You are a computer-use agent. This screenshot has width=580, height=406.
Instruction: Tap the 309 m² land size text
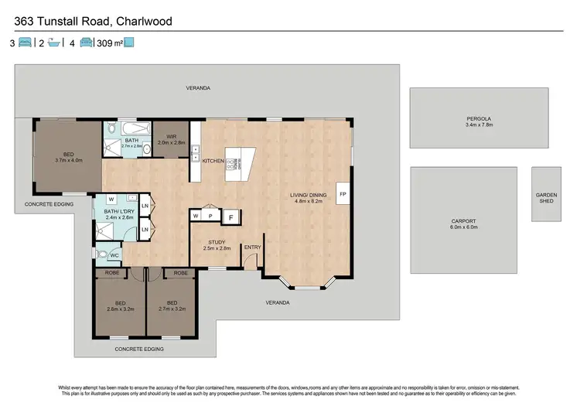point(109,44)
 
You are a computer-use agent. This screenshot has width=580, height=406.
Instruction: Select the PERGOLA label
point(479,118)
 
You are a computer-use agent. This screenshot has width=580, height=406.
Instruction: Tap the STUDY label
point(217,242)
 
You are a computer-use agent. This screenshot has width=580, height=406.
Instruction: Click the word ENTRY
point(252,247)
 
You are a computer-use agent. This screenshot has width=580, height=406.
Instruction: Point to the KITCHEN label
point(213,161)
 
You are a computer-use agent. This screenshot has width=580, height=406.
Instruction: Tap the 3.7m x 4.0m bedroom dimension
point(68,160)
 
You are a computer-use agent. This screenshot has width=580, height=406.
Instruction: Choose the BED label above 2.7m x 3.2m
point(172,302)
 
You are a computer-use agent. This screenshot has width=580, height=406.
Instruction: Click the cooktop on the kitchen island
point(230,164)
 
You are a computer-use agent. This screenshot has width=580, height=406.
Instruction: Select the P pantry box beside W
point(210,215)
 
